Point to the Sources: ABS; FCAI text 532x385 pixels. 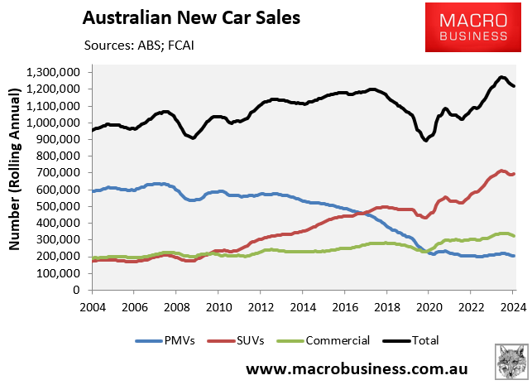[138, 44]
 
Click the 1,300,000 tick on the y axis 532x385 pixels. [54, 73]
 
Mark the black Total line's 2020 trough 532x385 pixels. [426, 140]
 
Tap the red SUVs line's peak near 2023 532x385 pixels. [501, 171]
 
